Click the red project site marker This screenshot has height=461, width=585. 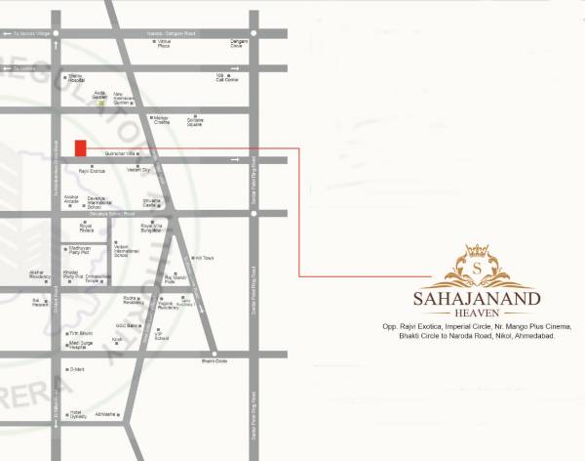coord(81,147)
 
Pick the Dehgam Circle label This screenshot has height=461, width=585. coord(240,43)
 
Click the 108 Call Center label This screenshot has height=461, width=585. coord(228,76)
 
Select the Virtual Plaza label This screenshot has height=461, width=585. coord(164,43)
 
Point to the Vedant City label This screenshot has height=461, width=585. coord(140,170)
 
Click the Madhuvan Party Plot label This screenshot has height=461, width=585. coord(78,251)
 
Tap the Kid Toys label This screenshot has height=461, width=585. coord(205,258)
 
